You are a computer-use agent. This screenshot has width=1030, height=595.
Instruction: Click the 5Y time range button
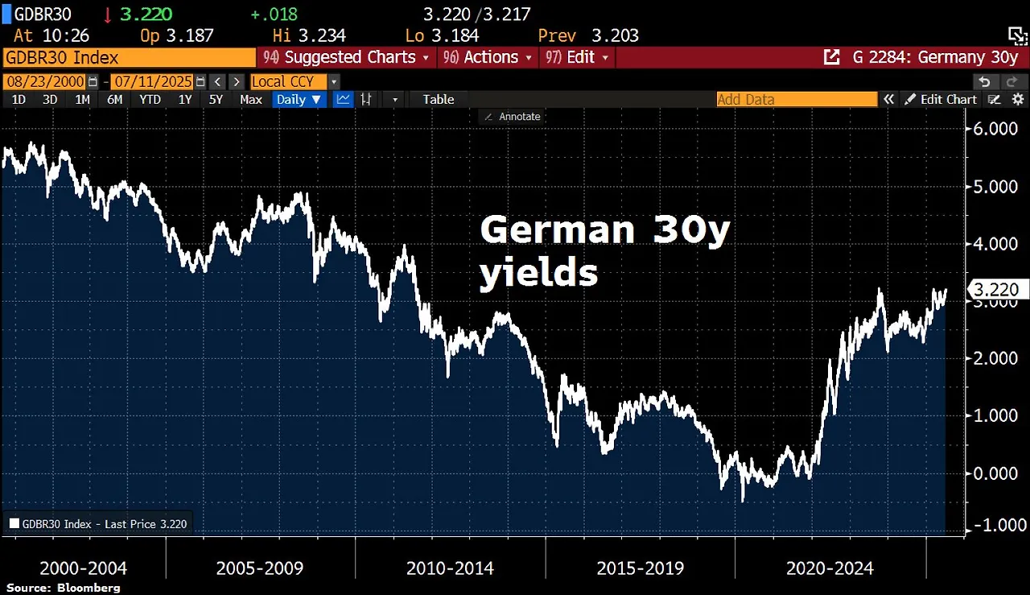(x=216, y=99)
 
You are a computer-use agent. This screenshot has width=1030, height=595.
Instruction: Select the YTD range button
(x=150, y=99)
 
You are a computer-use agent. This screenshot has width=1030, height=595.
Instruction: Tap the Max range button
(x=251, y=99)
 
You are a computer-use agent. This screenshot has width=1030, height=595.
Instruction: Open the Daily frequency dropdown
(x=299, y=99)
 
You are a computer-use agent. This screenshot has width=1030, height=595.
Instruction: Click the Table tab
(x=439, y=99)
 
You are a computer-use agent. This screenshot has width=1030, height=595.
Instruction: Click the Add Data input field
(x=797, y=99)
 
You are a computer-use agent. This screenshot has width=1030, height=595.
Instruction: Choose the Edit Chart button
(x=941, y=99)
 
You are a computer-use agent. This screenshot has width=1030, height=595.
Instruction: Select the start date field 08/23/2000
(x=44, y=81)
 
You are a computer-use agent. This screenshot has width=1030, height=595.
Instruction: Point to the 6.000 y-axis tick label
(x=995, y=129)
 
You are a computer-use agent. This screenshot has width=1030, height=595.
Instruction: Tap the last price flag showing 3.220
(x=996, y=290)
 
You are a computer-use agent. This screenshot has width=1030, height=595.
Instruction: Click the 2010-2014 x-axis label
(x=449, y=568)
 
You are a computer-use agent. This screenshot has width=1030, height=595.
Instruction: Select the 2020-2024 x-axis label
(x=830, y=568)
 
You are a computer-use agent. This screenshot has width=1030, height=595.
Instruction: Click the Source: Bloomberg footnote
(x=63, y=588)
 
